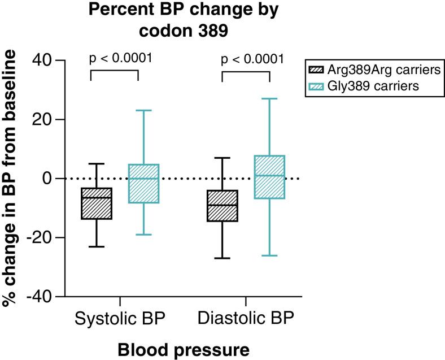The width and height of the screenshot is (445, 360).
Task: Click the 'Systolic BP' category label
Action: click(x=120, y=319)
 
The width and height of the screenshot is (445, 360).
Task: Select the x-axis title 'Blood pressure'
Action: click(x=184, y=349)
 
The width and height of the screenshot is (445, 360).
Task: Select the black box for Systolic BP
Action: click(x=97, y=203)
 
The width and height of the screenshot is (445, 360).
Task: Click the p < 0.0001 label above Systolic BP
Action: click(x=120, y=59)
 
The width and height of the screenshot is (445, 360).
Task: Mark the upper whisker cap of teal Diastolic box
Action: click(x=269, y=99)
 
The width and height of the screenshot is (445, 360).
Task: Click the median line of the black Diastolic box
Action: click(x=222, y=205)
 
